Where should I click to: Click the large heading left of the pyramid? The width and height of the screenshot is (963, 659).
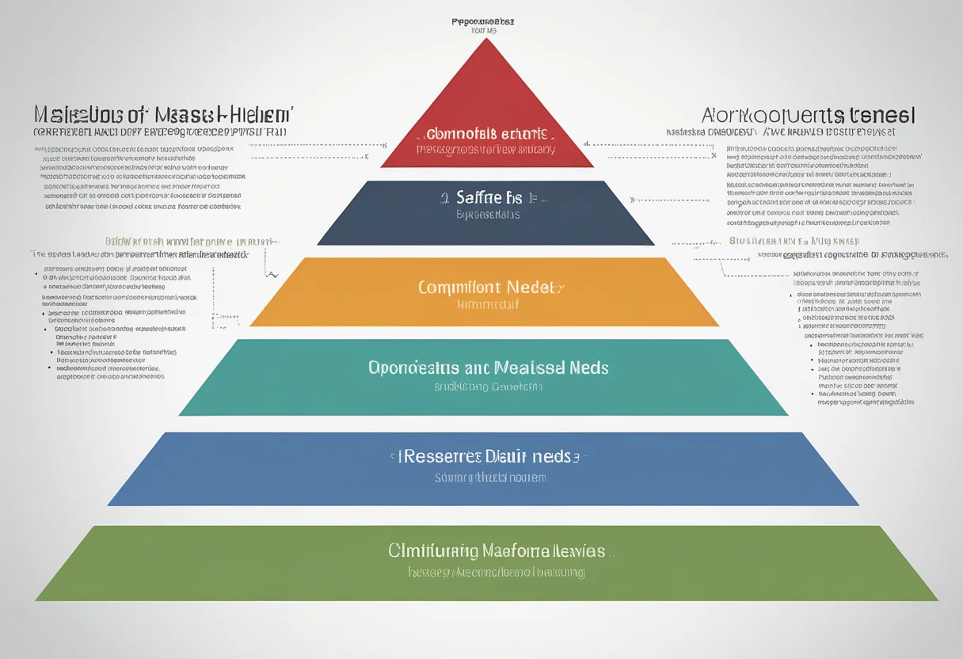point(162,113)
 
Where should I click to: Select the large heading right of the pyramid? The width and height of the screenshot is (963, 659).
point(808,115)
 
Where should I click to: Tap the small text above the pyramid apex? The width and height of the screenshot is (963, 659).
point(482,22)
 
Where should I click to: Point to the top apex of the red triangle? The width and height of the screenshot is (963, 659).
point(487,40)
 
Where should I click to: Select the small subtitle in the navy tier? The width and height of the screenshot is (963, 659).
point(488,215)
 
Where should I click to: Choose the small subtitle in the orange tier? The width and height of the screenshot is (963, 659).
point(488,304)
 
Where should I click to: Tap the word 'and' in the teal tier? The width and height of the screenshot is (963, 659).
point(478,368)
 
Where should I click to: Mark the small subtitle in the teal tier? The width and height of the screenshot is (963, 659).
point(488,387)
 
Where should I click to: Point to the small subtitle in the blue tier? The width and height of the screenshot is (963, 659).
point(490,478)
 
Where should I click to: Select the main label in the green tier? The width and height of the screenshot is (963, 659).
point(497,550)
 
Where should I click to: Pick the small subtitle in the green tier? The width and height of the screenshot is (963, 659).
point(497,571)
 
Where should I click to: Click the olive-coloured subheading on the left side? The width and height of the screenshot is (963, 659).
point(192,241)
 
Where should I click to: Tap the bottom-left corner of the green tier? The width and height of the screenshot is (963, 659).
point(36,600)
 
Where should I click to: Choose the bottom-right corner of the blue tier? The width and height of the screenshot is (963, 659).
point(858,505)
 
